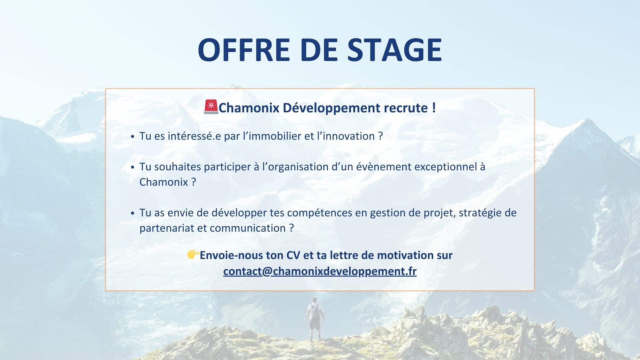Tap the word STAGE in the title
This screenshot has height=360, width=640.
395,49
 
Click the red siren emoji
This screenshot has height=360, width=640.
211,107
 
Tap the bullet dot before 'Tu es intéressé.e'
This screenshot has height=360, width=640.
133,137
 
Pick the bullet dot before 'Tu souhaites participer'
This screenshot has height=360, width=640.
133,167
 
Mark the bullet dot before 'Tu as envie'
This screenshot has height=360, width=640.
133,213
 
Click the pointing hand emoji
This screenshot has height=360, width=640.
193,255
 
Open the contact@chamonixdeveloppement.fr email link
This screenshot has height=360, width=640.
320,271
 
